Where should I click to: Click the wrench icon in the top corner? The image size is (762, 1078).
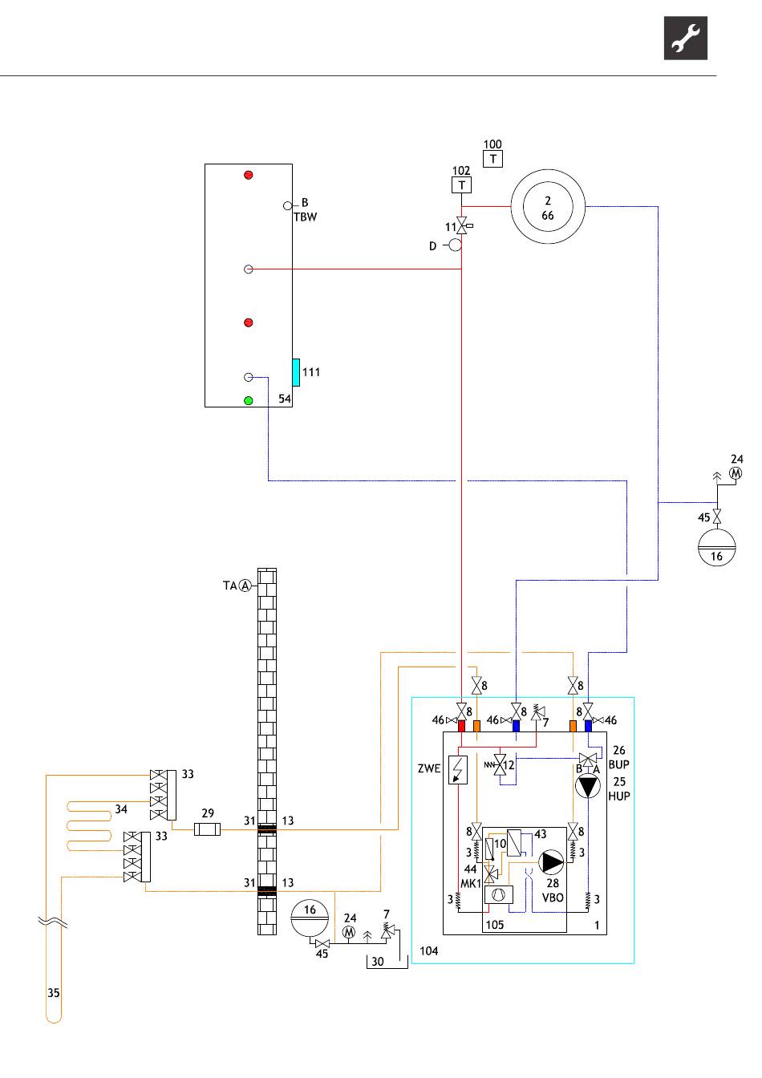pyautogui.click(x=686, y=38)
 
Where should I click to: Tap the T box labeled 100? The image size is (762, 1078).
pyautogui.click(x=493, y=159)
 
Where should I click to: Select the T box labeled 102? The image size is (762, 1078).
pyautogui.click(x=462, y=184)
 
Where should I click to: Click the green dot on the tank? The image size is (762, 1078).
pyautogui.click(x=249, y=400)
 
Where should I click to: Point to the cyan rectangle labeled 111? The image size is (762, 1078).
pyautogui.click(x=296, y=372)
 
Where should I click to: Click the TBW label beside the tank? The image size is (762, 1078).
pyautogui.click(x=305, y=217)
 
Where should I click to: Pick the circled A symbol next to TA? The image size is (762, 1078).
pyautogui.click(x=245, y=586)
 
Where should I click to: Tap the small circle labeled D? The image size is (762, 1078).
pyautogui.click(x=455, y=245)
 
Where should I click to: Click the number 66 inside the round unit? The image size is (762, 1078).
pyautogui.click(x=548, y=216)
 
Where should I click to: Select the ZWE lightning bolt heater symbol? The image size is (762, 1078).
pyautogui.click(x=458, y=770)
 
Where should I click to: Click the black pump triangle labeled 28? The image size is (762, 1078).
pyautogui.click(x=552, y=862)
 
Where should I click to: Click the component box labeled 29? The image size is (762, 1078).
pyautogui.click(x=208, y=829)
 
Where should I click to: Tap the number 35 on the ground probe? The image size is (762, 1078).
pyautogui.click(x=54, y=993)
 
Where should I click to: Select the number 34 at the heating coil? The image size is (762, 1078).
pyautogui.click(x=121, y=809)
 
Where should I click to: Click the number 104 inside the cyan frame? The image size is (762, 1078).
pyautogui.click(x=429, y=950)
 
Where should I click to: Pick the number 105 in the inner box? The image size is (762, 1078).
pyautogui.click(x=495, y=925)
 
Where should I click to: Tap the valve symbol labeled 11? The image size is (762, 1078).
pyautogui.click(x=462, y=225)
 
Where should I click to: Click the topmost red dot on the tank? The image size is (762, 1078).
pyautogui.click(x=249, y=175)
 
